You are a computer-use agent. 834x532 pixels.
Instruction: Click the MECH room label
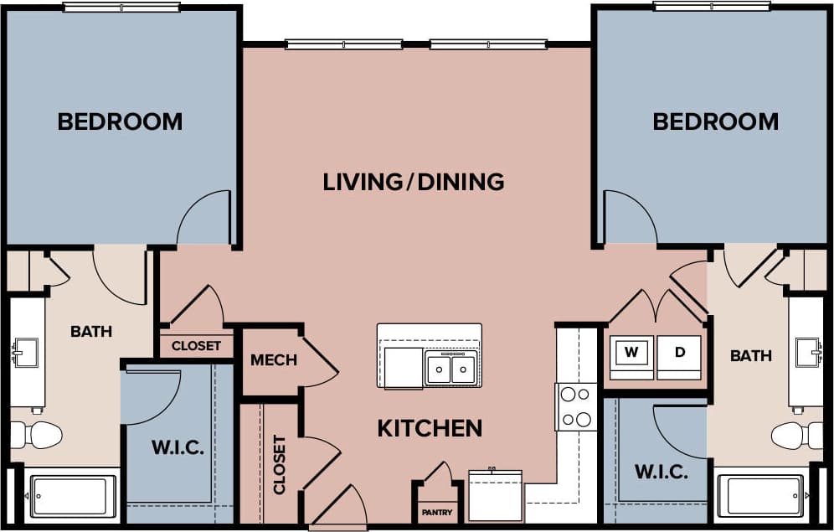point(274,360)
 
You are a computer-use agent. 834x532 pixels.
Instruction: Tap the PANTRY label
point(436,512)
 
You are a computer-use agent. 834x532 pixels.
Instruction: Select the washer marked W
point(631,353)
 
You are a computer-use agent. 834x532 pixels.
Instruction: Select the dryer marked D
point(679,353)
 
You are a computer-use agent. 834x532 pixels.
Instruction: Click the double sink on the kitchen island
point(450,369)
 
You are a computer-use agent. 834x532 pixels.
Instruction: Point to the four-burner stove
point(575,406)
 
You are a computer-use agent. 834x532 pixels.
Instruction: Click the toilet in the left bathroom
point(37,435)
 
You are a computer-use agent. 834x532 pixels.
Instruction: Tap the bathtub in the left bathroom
point(73,497)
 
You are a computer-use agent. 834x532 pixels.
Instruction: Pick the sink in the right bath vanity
point(808,352)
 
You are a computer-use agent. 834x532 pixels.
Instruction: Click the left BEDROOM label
point(120,121)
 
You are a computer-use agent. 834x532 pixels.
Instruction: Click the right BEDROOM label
point(715,121)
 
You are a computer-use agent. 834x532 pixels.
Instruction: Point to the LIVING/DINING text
point(414,181)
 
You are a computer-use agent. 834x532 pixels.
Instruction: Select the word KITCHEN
point(430,428)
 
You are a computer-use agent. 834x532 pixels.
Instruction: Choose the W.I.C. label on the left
point(178,447)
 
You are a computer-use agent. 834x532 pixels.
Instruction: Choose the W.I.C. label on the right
point(661,472)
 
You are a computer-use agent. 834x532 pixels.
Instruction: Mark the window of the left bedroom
point(121,8)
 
